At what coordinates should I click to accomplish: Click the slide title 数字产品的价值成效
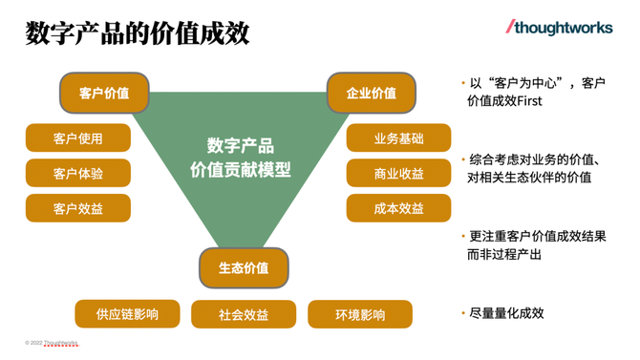click(x=138, y=33)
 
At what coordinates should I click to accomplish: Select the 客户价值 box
click(x=104, y=93)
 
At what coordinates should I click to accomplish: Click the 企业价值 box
click(x=371, y=93)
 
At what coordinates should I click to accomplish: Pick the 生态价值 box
click(x=244, y=267)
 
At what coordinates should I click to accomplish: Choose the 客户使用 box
click(x=78, y=138)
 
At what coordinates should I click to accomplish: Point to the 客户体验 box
click(x=78, y=174)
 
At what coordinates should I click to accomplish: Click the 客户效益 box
click(x=78, y=208)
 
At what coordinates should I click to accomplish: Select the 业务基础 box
click(x=398, y=138)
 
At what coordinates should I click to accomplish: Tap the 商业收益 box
click(x=398, y=174)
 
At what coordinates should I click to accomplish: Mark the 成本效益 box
click(x=398, y=208)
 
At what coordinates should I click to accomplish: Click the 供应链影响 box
click(x=127, y=313)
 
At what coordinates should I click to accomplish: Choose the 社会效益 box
click(x=244, y=314)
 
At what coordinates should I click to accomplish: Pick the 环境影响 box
click(x=360, y=314)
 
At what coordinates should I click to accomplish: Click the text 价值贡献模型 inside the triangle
click(x=241, y=169)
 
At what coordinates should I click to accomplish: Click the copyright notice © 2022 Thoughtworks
click(x=52, y=342)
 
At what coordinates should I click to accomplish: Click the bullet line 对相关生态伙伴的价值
click(x=528, y=177)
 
